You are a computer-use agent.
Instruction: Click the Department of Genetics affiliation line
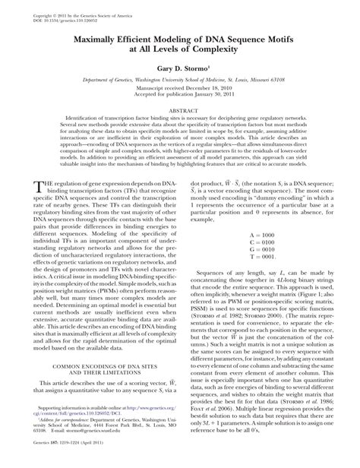pyautogui.click(x=179, y=87)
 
